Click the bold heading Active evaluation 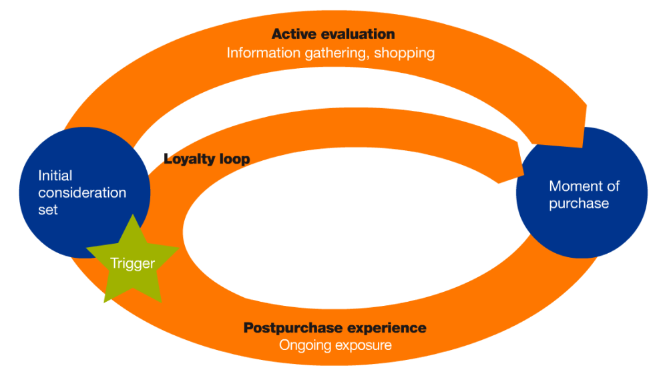click(x=333, y=34)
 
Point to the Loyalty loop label click(x=206, y=159)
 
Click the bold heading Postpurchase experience click(x=335, y=328)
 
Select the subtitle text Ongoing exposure click(x=335, y=345)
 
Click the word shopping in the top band click(x=404, y=53)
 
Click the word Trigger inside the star click(x=132, y=263)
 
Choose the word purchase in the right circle click(x=579, y=203)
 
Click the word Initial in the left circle click(x=55, y=176)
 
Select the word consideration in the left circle click(x=82, y=193)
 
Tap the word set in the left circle click(x=48, y=210)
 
